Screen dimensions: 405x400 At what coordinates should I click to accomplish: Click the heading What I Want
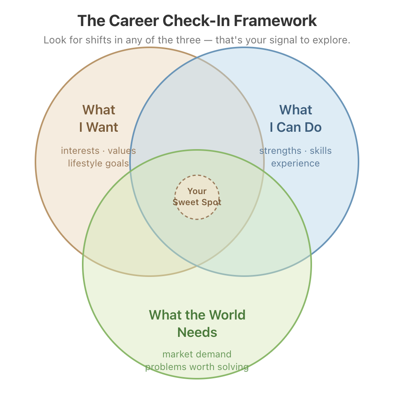pos(98,118)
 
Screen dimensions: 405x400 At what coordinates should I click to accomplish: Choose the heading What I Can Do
pos(295,118)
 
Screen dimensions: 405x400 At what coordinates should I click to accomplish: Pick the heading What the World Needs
pos(197,323)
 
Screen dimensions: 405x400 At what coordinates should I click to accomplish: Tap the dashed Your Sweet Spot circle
pos(197,197)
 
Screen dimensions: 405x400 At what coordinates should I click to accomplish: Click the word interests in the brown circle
pos(80,151)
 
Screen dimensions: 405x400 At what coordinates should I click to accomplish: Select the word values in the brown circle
pos(122,151)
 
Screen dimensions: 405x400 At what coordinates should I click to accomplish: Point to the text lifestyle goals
pos(98,163)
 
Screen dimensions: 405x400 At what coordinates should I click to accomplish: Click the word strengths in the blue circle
pos(280,151)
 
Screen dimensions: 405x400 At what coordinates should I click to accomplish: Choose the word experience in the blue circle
pos(295,163)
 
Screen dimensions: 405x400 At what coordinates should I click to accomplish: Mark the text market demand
pos(197,354)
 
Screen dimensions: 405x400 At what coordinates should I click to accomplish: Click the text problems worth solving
pos(197,367)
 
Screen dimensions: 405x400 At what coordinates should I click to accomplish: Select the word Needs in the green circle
pos(197,332)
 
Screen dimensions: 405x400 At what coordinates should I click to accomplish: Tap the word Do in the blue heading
pos(314,127)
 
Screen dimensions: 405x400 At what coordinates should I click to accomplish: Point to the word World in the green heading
pos(227,315)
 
